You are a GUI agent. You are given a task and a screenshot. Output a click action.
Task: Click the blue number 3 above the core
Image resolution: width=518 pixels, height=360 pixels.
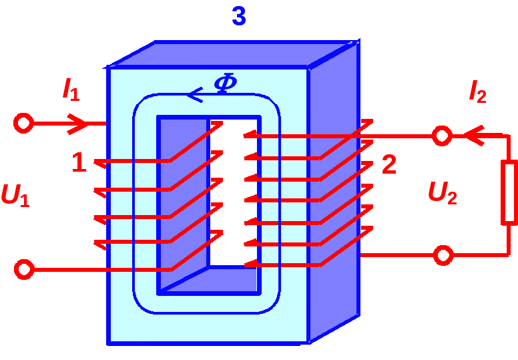click(x=239, y=16)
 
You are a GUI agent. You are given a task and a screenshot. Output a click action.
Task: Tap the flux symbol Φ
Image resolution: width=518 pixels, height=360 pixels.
click(x=225, y=83)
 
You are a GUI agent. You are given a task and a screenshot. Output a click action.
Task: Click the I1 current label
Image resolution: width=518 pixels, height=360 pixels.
click(x=71, y=89)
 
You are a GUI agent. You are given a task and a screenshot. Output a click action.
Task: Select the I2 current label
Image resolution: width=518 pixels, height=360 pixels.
click(x=477, y=91)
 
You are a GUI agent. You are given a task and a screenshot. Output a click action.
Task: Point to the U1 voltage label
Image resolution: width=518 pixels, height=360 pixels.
click(x=15, y=194)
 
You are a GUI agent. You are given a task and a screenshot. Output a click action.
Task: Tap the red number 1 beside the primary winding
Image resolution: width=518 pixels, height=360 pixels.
click(x=79, y=162)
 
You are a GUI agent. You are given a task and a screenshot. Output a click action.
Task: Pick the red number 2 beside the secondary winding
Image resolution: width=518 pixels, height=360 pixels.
click(x=389, y=164)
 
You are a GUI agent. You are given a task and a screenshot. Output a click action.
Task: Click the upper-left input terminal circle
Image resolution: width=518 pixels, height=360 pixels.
click(x=23, y=124)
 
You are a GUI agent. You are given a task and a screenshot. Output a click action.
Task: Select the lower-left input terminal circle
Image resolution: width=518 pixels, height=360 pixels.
click(x=23, y=269)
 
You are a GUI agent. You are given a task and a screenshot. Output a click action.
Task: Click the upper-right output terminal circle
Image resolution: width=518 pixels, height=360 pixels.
click(x=441, y=136)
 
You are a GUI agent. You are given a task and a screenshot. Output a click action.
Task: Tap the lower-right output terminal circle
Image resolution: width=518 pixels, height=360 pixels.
click(x=443, y=255)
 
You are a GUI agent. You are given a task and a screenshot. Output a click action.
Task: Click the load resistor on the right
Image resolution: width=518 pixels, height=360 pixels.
click(x=509, y=192)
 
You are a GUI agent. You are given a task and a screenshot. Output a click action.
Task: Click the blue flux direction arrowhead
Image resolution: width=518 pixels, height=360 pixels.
click(x=195, y=96)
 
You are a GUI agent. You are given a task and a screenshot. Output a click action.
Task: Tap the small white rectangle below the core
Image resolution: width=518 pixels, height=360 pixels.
click(x=307, y=347)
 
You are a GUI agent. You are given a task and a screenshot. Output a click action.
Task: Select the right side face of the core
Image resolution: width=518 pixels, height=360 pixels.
click(x=334, y=194)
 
